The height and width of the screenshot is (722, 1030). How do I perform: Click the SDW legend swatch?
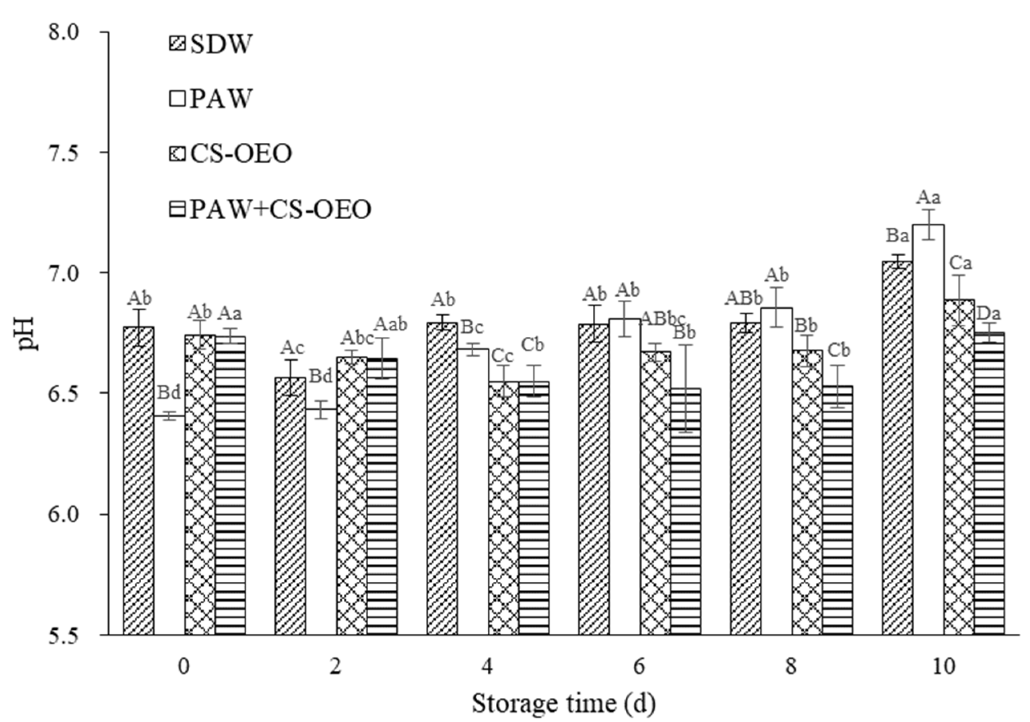click(x=177, y=45)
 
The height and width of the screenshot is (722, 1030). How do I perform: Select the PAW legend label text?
click(x=220, y=99)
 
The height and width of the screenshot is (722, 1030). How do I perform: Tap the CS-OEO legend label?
click(x=241, y=154)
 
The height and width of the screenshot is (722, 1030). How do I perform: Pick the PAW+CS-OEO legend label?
click(x=280, y=209)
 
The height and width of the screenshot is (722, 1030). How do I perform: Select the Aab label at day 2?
click(x=391, y=324)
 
